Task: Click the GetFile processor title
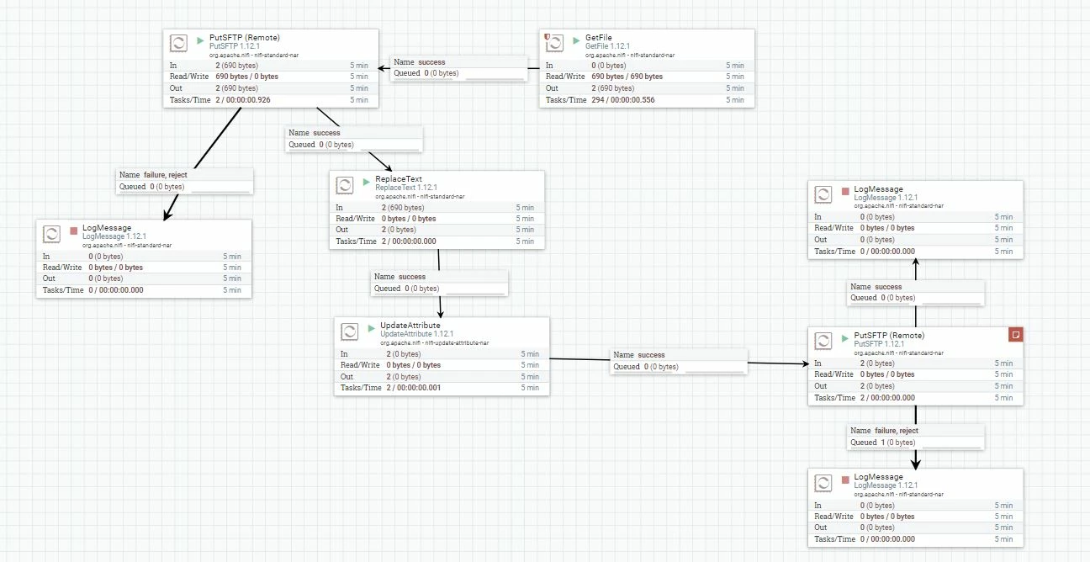click(599, 38)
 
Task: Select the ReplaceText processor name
click(399, 179)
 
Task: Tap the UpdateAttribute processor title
click(410, 325)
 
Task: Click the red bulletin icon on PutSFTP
click(1015, 335)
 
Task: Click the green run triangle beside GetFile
click(576, 40)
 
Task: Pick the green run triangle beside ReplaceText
click(367, 182)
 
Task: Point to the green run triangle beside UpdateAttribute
click(371, 328)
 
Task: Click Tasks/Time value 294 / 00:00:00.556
click(623, 100)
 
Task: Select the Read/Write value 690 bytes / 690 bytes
click(627, 77)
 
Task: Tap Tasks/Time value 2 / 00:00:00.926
click(243, 100)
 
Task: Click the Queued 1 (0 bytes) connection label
click(883, 443)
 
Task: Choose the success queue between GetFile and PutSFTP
click(459, 67)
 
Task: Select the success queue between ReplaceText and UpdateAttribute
click(439, 282)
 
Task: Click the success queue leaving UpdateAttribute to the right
click(679, 361)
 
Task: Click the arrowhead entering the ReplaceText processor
click(388, 167)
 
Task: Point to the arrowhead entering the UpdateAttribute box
click(441, 314)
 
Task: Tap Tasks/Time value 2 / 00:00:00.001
click(414, 388)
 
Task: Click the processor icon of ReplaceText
click(345, 185)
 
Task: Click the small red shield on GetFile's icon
click(547, 36)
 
